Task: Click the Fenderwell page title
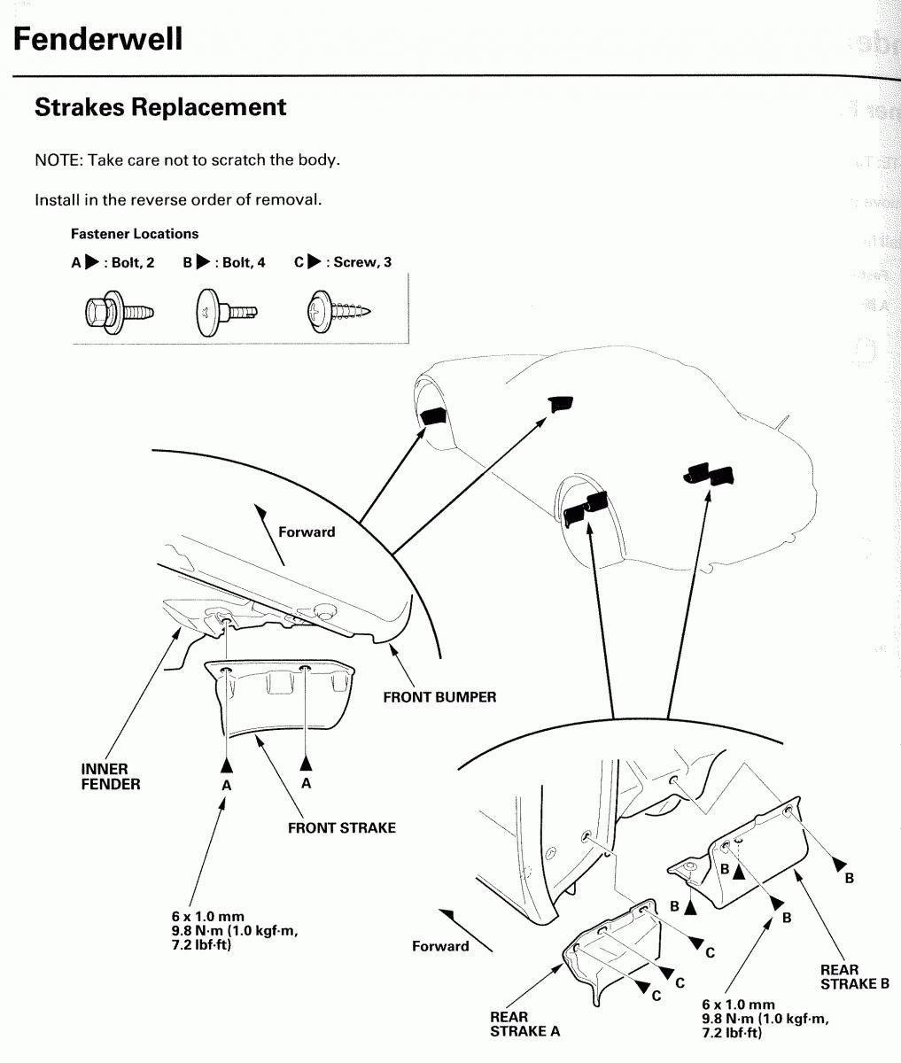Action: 98,39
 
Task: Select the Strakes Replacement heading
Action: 160,107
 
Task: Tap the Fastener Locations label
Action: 135,234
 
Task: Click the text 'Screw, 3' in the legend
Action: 362,262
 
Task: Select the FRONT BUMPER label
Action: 439,697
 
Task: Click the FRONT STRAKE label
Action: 341,827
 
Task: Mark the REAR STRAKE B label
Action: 854,976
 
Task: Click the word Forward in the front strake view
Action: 307,532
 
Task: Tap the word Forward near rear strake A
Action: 440,946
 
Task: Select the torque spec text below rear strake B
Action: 765,1018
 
